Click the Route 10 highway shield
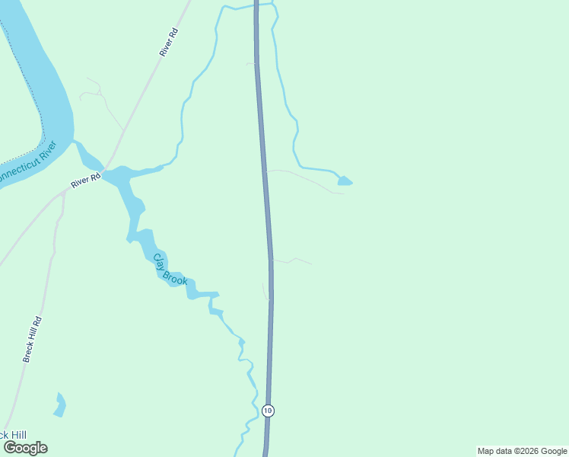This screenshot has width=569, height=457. [268, 411]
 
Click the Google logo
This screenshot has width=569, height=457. [25, 448]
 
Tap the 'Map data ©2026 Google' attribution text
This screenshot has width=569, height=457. [522, 451]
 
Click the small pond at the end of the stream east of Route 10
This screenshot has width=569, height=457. [345, 181]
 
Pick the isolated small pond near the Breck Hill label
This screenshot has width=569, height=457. [59, 404]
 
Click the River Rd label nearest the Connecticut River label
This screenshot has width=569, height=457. [86, 181]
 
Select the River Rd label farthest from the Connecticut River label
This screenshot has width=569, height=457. [168, 42]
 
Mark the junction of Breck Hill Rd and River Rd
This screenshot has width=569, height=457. [65, 193]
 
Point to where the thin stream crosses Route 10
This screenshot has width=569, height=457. [256, 8]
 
